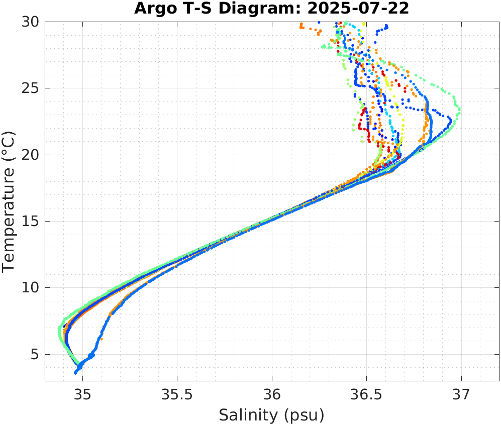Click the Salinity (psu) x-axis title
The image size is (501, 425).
coord(271,415)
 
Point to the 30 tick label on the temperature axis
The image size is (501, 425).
coord(32,22)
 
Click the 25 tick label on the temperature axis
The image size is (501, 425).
coord(32,88)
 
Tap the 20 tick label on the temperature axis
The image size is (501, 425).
coord(32,155)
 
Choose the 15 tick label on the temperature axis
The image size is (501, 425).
coord(32,222)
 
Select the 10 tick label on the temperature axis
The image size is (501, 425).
coord(32,288)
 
